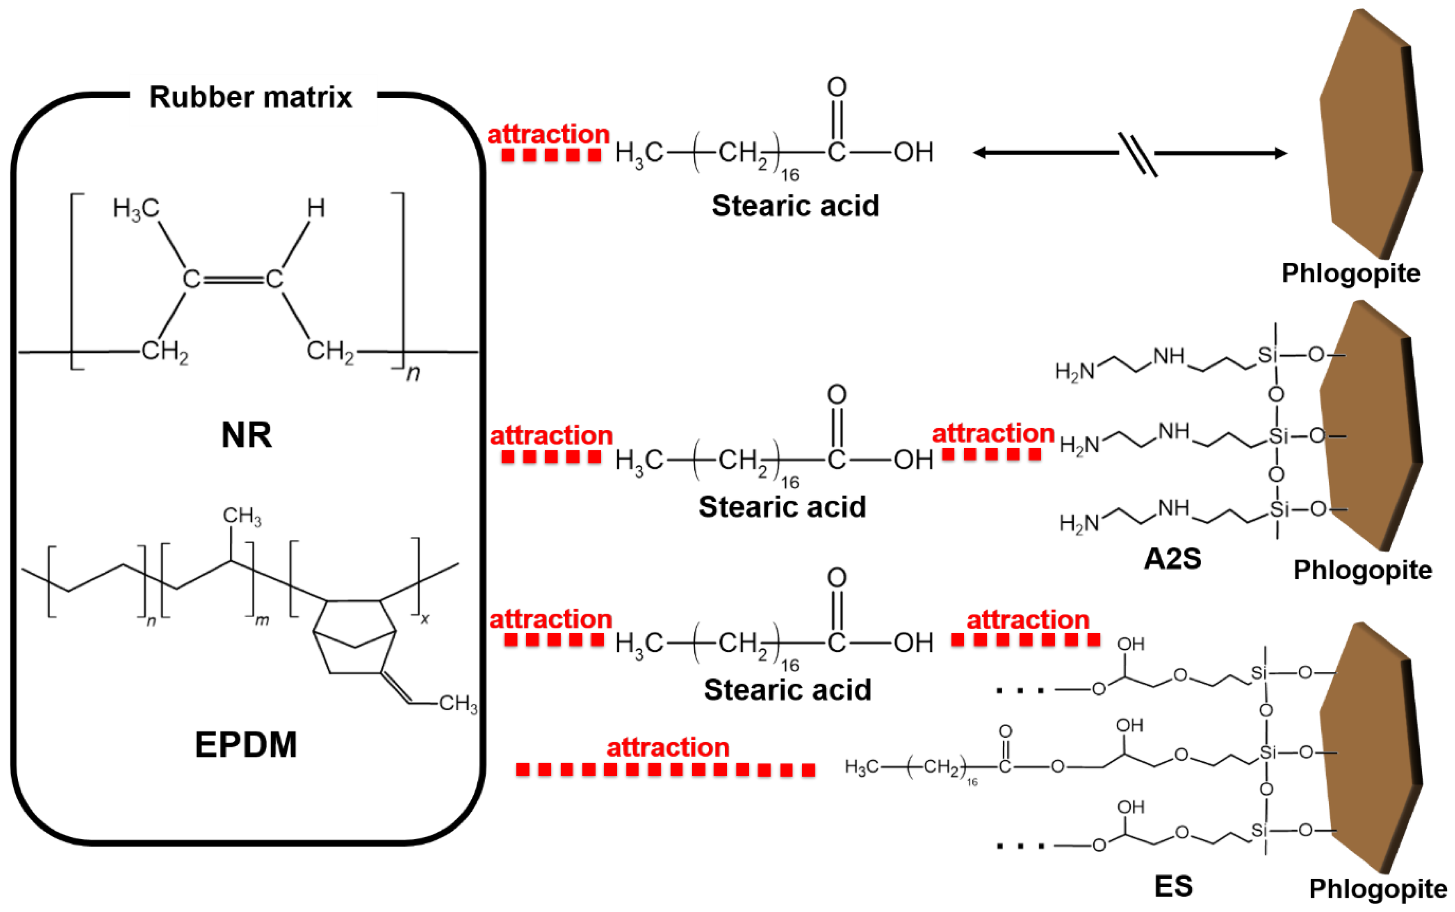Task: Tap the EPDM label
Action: tap(246, 744)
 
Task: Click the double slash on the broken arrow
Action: tap(1138, 155)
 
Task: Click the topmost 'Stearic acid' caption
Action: tap(795, 206)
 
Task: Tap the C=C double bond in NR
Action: tap(232, 279)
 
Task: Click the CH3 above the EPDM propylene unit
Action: tap(241, 516)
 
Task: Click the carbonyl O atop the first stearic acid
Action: tap(837, 88)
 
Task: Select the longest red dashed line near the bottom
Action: tap(666, 769)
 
